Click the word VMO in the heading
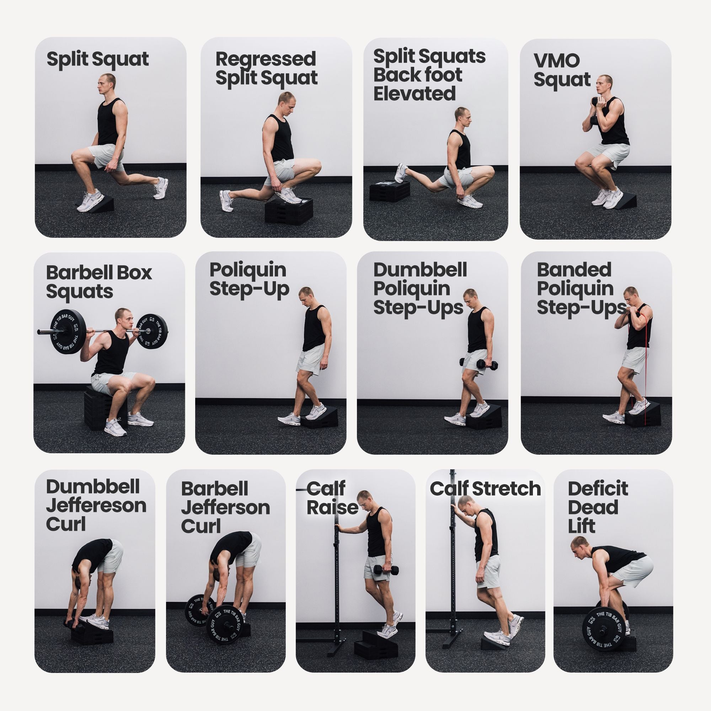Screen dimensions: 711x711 557,61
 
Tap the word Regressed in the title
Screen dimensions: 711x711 266,59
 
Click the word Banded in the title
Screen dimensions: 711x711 574,270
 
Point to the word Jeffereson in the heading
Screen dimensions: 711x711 96,506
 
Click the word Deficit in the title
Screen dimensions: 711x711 598,488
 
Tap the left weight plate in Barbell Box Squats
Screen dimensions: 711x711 67,332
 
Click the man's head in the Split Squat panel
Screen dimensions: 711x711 107,84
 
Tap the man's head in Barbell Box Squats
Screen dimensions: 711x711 123,320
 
